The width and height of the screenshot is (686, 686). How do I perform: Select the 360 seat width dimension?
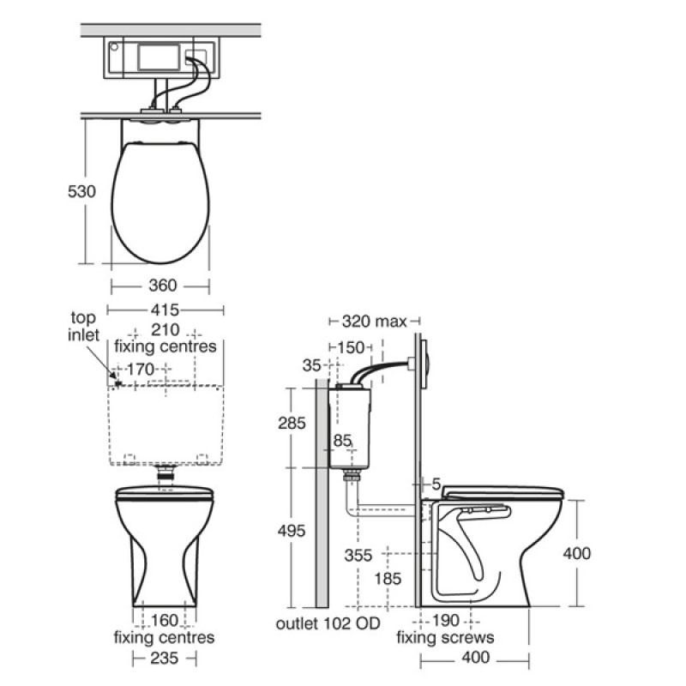161,285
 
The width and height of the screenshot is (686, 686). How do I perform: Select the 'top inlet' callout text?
85,325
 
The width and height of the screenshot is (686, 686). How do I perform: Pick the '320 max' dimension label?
374,322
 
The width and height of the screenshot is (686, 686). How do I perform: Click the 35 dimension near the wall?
312,365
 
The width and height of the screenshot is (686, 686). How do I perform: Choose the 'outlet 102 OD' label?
328,623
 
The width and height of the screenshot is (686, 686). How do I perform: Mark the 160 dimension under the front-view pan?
165,621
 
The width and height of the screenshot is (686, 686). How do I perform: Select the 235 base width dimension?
165,658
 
